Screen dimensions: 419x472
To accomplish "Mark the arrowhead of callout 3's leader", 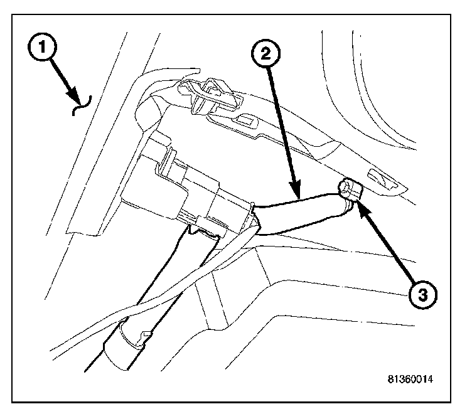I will point(360,206).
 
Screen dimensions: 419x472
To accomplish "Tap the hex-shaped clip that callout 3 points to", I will point(349,189).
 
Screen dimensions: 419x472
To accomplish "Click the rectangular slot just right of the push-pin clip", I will point(247,119).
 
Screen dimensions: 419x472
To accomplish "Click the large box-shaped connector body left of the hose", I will point(182,188).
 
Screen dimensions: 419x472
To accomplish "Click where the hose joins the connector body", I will point(254,216).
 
